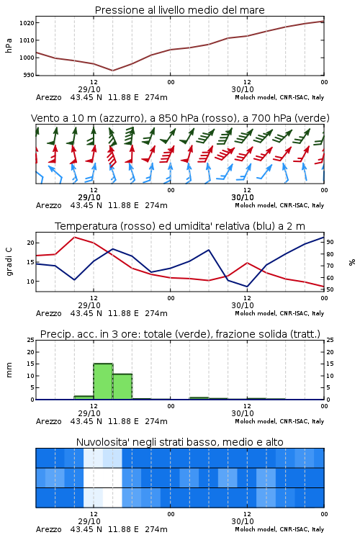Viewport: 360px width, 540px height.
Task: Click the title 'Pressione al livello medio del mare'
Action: [x=179, y=10]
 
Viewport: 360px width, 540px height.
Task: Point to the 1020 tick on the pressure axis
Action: [x=27, y=23]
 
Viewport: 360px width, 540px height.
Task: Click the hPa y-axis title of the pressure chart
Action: [x=9, y=45]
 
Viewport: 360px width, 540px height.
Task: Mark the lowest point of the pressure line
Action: [x=112, y=71]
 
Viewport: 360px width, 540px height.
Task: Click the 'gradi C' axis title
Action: [x=9, y=262]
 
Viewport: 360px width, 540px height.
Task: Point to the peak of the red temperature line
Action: [x=74, y=238]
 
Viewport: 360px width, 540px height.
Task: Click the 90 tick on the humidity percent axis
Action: [x=330, y=242]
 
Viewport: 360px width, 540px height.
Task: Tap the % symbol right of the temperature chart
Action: [x=352, y=262]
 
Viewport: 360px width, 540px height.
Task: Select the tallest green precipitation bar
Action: [x=103, y=381]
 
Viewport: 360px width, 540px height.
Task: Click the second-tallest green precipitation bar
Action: [x=122, y=387]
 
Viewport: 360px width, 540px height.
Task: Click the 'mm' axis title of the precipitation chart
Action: [x=9, y=370]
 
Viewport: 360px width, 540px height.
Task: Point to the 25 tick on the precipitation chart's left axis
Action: [x=31, y=340]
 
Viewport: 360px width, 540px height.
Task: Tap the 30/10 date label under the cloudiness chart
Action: [x=243, y=521]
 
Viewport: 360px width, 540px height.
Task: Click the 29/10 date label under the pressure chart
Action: [x=89, y=89]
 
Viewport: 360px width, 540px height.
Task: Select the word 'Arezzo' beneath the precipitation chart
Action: [x=48, y=421]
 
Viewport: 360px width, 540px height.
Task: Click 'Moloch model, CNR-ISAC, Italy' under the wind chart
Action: [x=279, y=206]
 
